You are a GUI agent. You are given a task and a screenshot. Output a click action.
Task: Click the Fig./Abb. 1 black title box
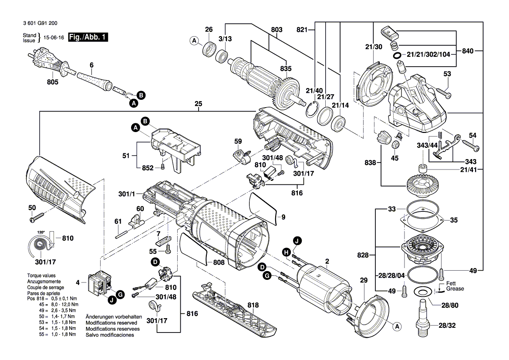click(x=88, y=37)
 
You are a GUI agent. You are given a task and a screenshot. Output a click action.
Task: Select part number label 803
click(x=276, y=30)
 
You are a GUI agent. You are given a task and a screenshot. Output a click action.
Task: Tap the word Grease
click(x=455, y=289)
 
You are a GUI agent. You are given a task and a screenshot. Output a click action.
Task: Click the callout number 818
click(x=253, y=305)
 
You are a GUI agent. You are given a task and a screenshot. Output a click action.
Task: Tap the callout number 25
click(x=199, y=104)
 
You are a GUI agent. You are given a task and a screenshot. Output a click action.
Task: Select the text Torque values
click(x=41, y=275)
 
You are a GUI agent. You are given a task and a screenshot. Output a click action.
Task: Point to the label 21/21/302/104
click(x=428, y=54)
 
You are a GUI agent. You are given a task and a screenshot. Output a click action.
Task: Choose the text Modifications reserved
click(x=111, y=323)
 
